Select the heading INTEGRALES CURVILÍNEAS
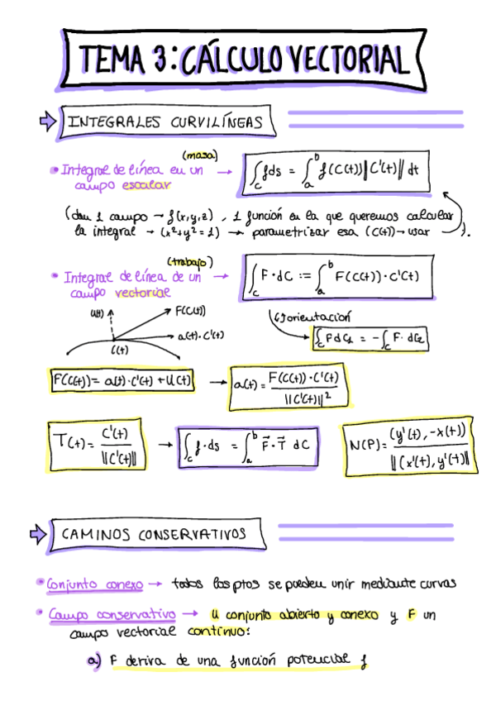coord(165,122)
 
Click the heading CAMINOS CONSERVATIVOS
coord(154,534)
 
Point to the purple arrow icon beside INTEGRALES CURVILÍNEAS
coord(47,122)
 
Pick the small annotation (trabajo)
coord(190,262)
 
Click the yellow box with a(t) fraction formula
coord(288,388)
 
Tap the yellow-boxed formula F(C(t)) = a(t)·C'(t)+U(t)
coord(122,381)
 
